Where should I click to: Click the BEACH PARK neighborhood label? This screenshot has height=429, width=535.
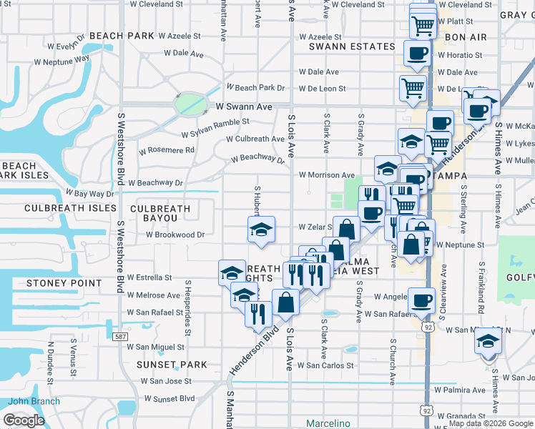tap(122, 35)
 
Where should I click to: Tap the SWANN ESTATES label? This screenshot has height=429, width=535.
tap(352, 46)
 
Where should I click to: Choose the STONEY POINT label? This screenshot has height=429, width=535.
tap(64, 283)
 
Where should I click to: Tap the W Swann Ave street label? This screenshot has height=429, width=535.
tap(245, 107)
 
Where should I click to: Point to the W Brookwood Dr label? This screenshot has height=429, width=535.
tap(175, 234)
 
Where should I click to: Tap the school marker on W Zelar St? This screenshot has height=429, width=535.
tap(261, 230)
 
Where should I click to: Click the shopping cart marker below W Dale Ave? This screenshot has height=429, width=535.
tap(413, 88)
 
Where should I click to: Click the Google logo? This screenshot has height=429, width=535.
tap(24, 420)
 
